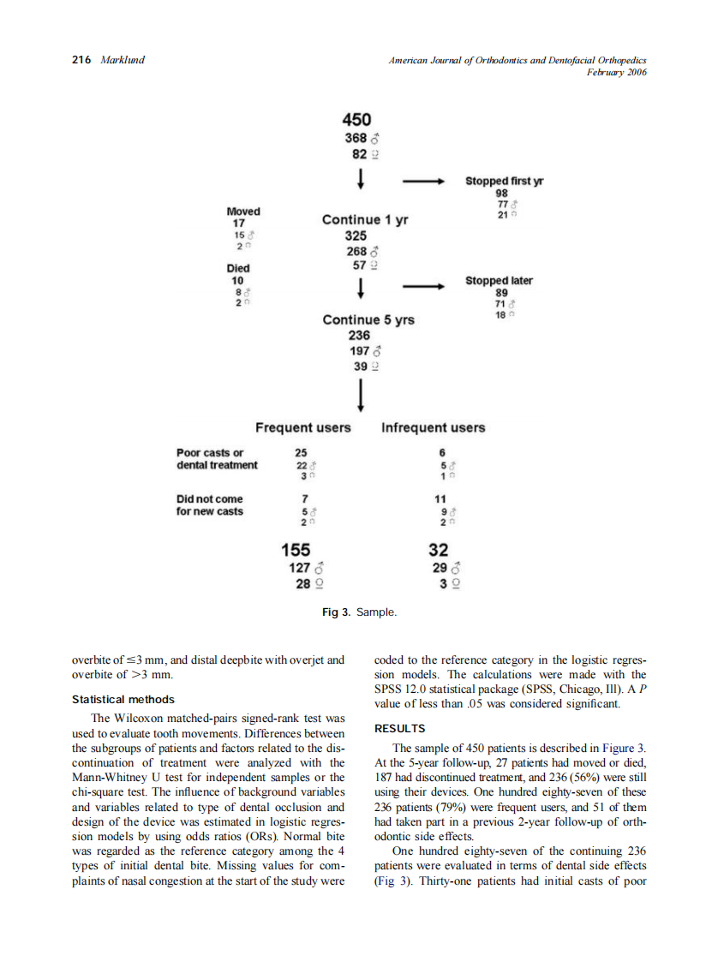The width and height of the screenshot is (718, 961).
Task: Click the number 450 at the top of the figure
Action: [356, 120]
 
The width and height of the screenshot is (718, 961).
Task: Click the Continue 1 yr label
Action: [365, 219]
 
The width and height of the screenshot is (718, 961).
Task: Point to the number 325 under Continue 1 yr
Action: [356, 236]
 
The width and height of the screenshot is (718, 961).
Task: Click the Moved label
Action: [243, 212]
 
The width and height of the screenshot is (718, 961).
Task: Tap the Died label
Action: [238, 268]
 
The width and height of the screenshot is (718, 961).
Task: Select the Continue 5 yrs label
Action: [368, 319]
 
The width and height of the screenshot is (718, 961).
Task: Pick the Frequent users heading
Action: [303, 427]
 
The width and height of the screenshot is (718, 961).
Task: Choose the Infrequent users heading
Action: [433, 427]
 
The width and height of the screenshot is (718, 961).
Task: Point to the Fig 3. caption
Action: [359, 612]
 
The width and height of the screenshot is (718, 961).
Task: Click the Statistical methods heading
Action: [123, 699]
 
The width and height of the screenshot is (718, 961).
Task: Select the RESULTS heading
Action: [400, 729]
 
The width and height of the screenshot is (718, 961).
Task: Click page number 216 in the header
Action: [81, 60]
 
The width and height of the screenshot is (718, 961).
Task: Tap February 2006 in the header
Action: [615, 73]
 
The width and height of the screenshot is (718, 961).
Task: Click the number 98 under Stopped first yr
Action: [501, 194]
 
